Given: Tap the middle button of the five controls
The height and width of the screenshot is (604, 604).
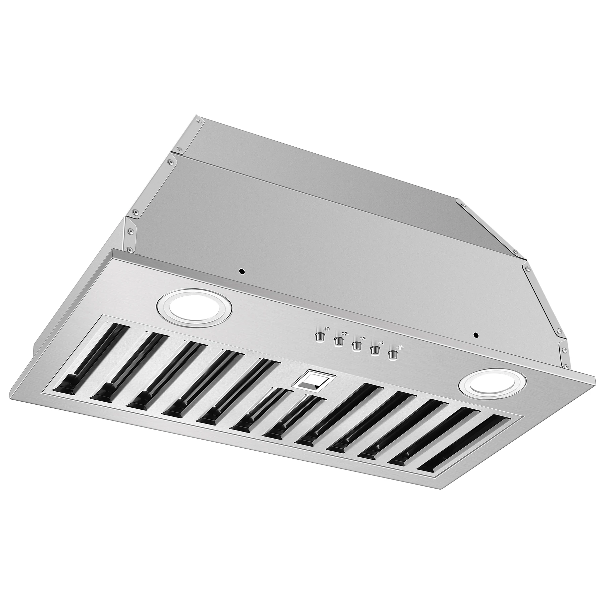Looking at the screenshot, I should pyautogui.click(x=356, y=346).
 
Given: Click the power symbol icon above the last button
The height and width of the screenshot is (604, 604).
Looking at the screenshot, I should pyautogui.click(x=398, y=347).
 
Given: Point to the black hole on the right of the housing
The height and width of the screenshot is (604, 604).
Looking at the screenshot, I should pyautogui.click(x=475, y=335).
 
